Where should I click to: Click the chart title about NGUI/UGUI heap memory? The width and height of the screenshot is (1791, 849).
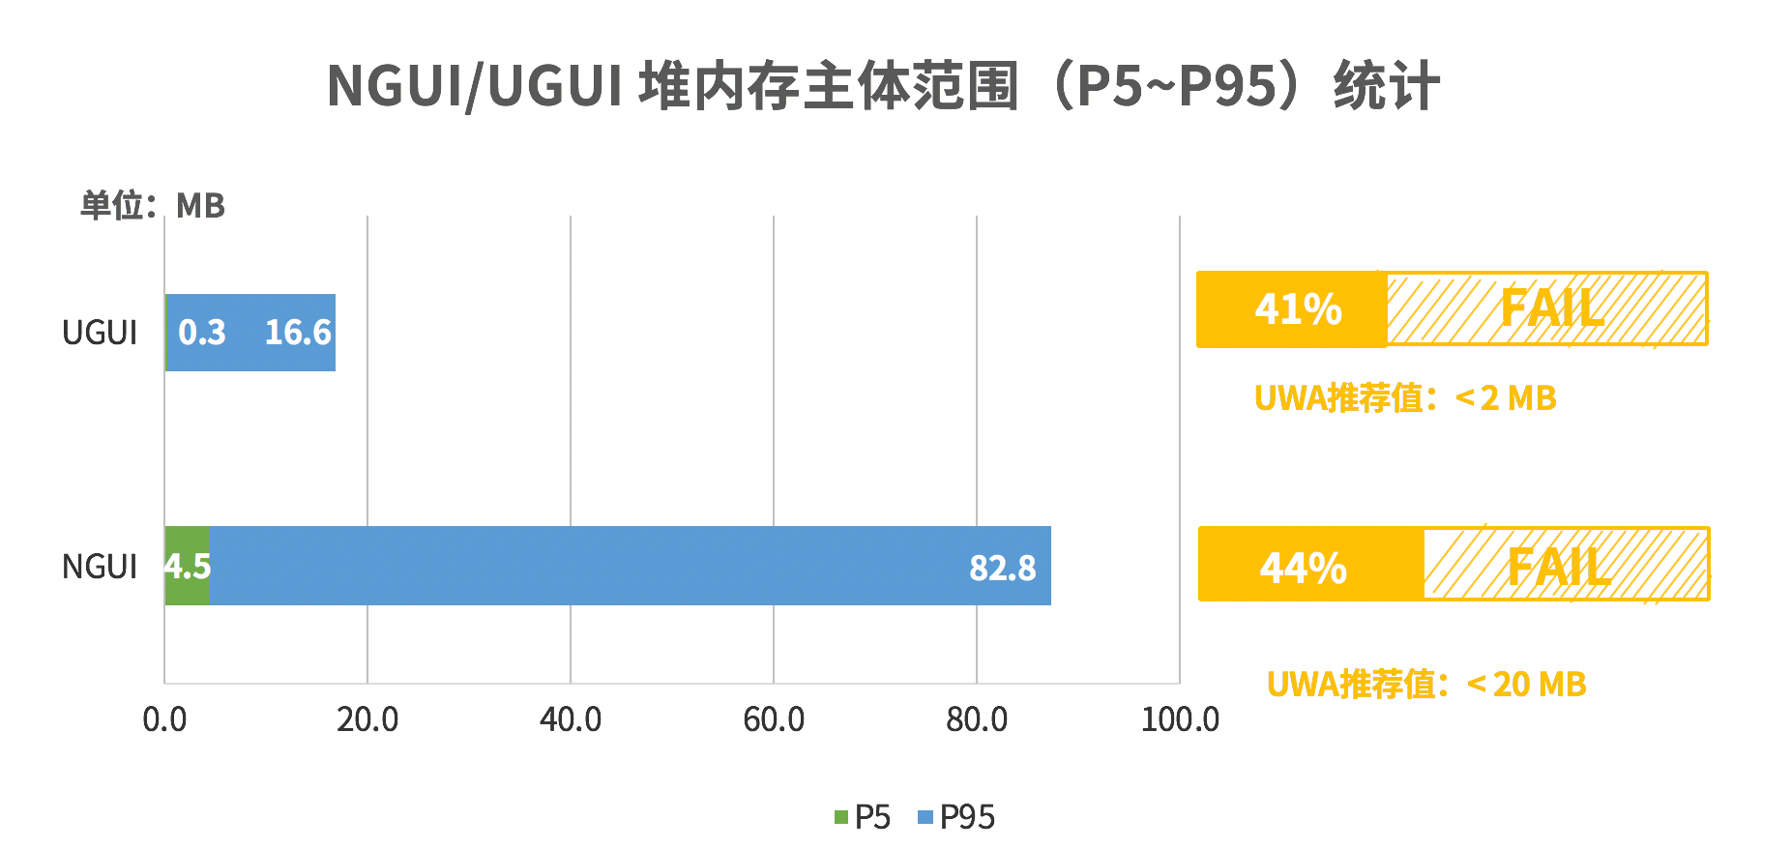[x=883, y=85]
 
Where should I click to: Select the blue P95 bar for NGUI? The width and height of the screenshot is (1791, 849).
[x=629, y=566]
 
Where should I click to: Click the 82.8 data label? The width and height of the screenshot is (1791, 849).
[x=1002, y=568]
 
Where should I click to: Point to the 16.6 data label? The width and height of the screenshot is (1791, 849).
[x=298, y=333]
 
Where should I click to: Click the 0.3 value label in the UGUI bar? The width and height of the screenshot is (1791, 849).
[x=201, y=333]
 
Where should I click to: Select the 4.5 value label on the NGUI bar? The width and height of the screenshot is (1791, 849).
[x=188, y=566]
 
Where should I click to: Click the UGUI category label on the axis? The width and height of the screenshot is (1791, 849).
[x=100, y=333]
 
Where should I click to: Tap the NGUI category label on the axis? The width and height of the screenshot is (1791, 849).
[x=100, y=567]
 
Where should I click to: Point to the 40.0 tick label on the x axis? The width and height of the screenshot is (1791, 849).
[x=571, y=719]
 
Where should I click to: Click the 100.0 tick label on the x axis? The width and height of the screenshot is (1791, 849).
[x=1180, y=719]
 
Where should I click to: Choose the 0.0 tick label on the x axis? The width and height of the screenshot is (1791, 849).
[x=164, y=719]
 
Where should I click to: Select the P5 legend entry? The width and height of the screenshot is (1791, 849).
[x=863, y=817]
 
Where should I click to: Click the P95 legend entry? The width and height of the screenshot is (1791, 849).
[x=956, y=817]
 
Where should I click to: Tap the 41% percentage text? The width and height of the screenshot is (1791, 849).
[x=1298, y=309]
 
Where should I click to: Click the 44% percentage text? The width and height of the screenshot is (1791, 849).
[x=1303, y=568]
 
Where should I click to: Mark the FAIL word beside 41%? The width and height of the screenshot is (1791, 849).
[x=1551, y=309]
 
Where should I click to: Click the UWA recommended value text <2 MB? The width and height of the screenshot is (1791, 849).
[x=1405, y=397]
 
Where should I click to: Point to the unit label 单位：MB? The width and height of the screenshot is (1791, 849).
[x=153, y=205]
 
